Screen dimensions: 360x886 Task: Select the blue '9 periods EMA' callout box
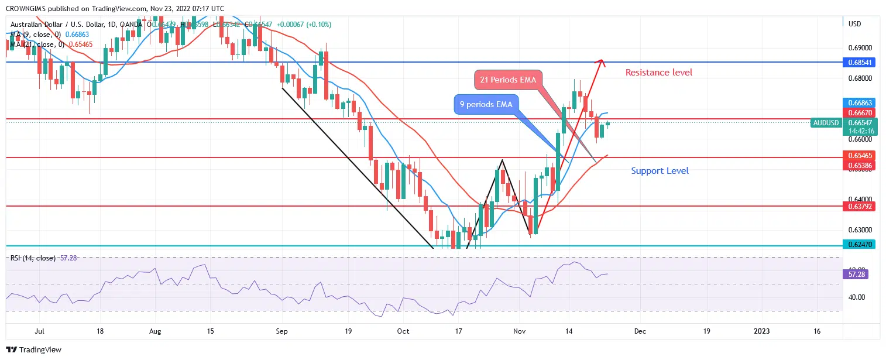486,105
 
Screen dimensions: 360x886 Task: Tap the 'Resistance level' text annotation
658,73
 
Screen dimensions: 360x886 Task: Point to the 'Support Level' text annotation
660,171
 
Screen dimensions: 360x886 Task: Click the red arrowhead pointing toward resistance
599,62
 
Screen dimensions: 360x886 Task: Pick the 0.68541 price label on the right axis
858,62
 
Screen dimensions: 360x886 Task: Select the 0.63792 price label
858,206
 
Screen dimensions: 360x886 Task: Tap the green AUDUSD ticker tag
826,123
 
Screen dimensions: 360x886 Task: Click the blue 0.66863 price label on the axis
858,102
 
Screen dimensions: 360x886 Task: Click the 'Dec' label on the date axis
640,331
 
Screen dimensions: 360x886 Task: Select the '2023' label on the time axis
761,331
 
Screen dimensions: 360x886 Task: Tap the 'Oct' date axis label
403,331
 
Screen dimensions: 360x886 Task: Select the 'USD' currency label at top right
854,24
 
